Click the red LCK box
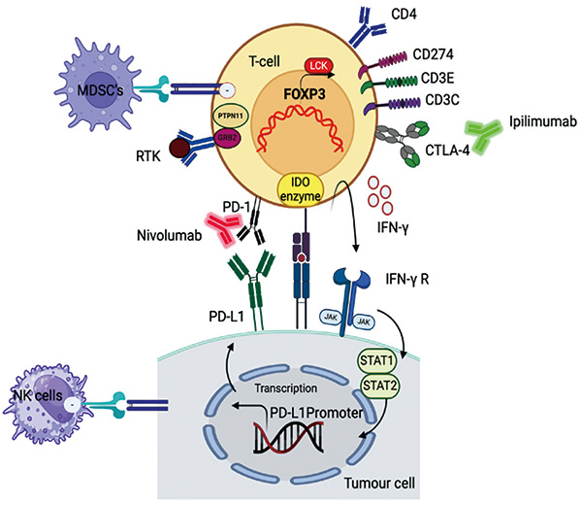[x=319, y=66]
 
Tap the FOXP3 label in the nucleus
[x=305, y=94]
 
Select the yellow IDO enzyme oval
[x=301, y=189]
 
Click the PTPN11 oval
[x=231, y=117]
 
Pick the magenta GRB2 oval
[x=227, y=138]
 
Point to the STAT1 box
[x=376, y=360]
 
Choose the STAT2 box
[x=379, y=386]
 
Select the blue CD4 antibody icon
[x=367, y=28]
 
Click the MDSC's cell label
[x=100, y=90]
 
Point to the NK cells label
[x=38, y=395]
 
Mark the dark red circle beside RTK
[x=180, y=149]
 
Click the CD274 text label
[x=434, y=54]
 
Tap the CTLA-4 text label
[x=447, y=151]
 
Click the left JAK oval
[x=331, y=318]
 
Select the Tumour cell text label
[x=379, y=484]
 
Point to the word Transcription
[x=286, y=388]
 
